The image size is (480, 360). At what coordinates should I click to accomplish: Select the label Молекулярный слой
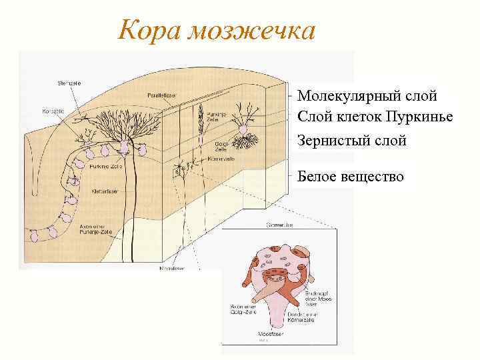pos(367,96)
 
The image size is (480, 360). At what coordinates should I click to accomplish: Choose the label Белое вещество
pos(351,176)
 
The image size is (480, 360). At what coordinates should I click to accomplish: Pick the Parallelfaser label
pos(160,95)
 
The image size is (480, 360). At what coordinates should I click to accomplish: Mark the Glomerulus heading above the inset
pos(279,225)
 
